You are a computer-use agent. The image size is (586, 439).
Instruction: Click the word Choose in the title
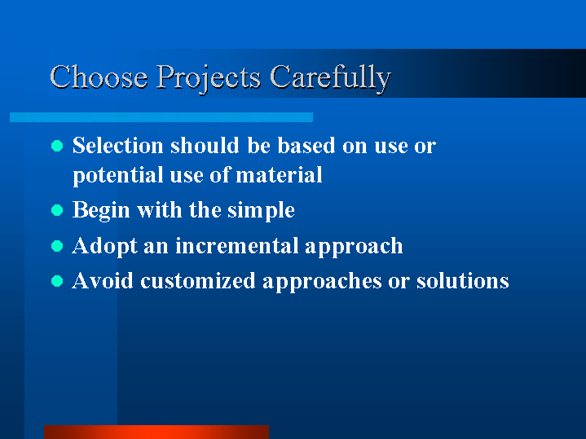[99, 77]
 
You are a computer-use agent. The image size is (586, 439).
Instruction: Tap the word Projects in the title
[208, 79]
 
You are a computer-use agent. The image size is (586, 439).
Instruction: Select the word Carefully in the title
[330, 79]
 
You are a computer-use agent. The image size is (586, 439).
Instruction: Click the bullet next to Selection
[57, 146]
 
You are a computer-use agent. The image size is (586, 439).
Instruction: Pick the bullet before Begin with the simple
[57, 210]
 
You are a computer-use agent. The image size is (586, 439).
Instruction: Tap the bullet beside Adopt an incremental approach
[57, 246]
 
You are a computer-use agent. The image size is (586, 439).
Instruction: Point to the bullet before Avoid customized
[57, 281]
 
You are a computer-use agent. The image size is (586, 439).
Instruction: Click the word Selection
[118, 145]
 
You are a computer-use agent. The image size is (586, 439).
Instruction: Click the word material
[279, 174]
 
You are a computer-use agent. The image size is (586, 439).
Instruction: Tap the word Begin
[101, 211]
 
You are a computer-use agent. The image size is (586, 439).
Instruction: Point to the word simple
[261, 211]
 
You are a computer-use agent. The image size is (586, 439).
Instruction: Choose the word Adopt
[104, 247]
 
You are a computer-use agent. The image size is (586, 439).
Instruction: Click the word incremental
[236, 245]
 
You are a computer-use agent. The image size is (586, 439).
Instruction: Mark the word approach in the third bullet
[354, 247]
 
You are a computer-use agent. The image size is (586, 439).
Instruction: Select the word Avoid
[103, 281]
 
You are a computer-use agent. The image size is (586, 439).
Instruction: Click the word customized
[198, 281]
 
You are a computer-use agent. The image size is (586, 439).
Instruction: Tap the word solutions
[463, 281]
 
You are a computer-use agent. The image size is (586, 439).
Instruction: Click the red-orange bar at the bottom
[156, 432]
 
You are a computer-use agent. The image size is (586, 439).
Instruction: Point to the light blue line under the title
[161, 117]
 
